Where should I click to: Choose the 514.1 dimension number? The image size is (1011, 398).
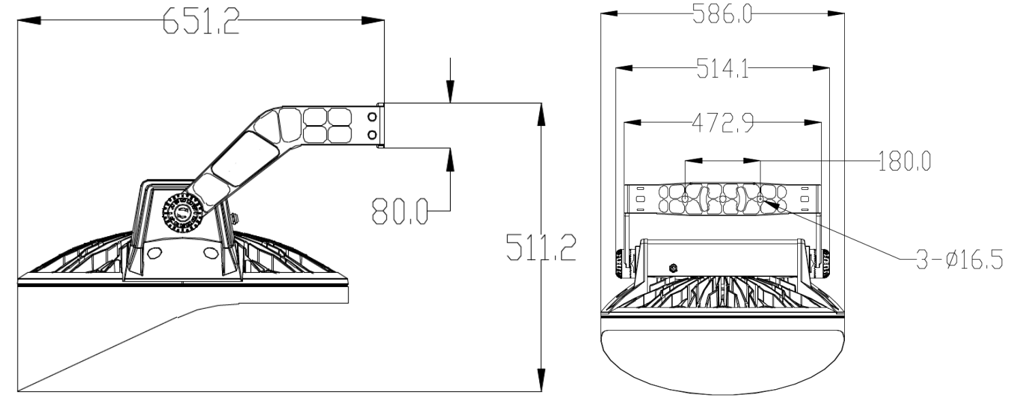click(723, 69)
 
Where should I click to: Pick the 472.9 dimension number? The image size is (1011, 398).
click(723, 124)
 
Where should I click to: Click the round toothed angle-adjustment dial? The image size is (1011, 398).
click(182, 213)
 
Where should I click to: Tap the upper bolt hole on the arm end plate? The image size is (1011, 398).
click(371, 118)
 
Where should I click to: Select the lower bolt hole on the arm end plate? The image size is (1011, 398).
click(371, 135)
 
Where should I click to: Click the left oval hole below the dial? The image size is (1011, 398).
click(155, 254)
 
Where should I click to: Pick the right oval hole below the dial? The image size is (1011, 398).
click(210, 254)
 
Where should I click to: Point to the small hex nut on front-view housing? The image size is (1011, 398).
click(673, 267)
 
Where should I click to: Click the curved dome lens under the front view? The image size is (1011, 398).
click(722, 361)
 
